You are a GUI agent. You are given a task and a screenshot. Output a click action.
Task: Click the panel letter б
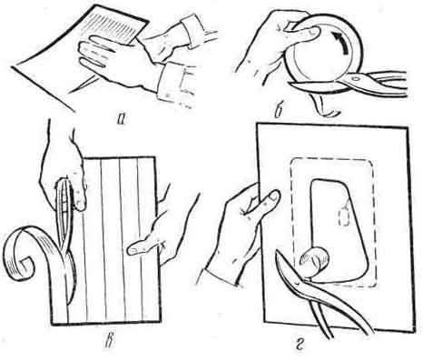(279, 111)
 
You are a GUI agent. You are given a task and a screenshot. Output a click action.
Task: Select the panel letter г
(300, 345)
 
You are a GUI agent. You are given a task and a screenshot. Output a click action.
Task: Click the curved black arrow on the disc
(341, 42)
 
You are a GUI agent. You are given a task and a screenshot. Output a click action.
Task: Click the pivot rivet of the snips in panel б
(355, 78)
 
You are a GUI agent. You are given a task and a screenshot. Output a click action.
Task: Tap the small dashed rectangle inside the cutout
(344, 216)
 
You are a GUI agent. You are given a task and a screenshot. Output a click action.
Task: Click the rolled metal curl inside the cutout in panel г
(313, 261)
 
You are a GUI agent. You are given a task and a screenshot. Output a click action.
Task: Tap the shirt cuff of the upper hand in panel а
(192, 30)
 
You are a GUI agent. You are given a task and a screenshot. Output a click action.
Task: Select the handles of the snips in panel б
(383, 83)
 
